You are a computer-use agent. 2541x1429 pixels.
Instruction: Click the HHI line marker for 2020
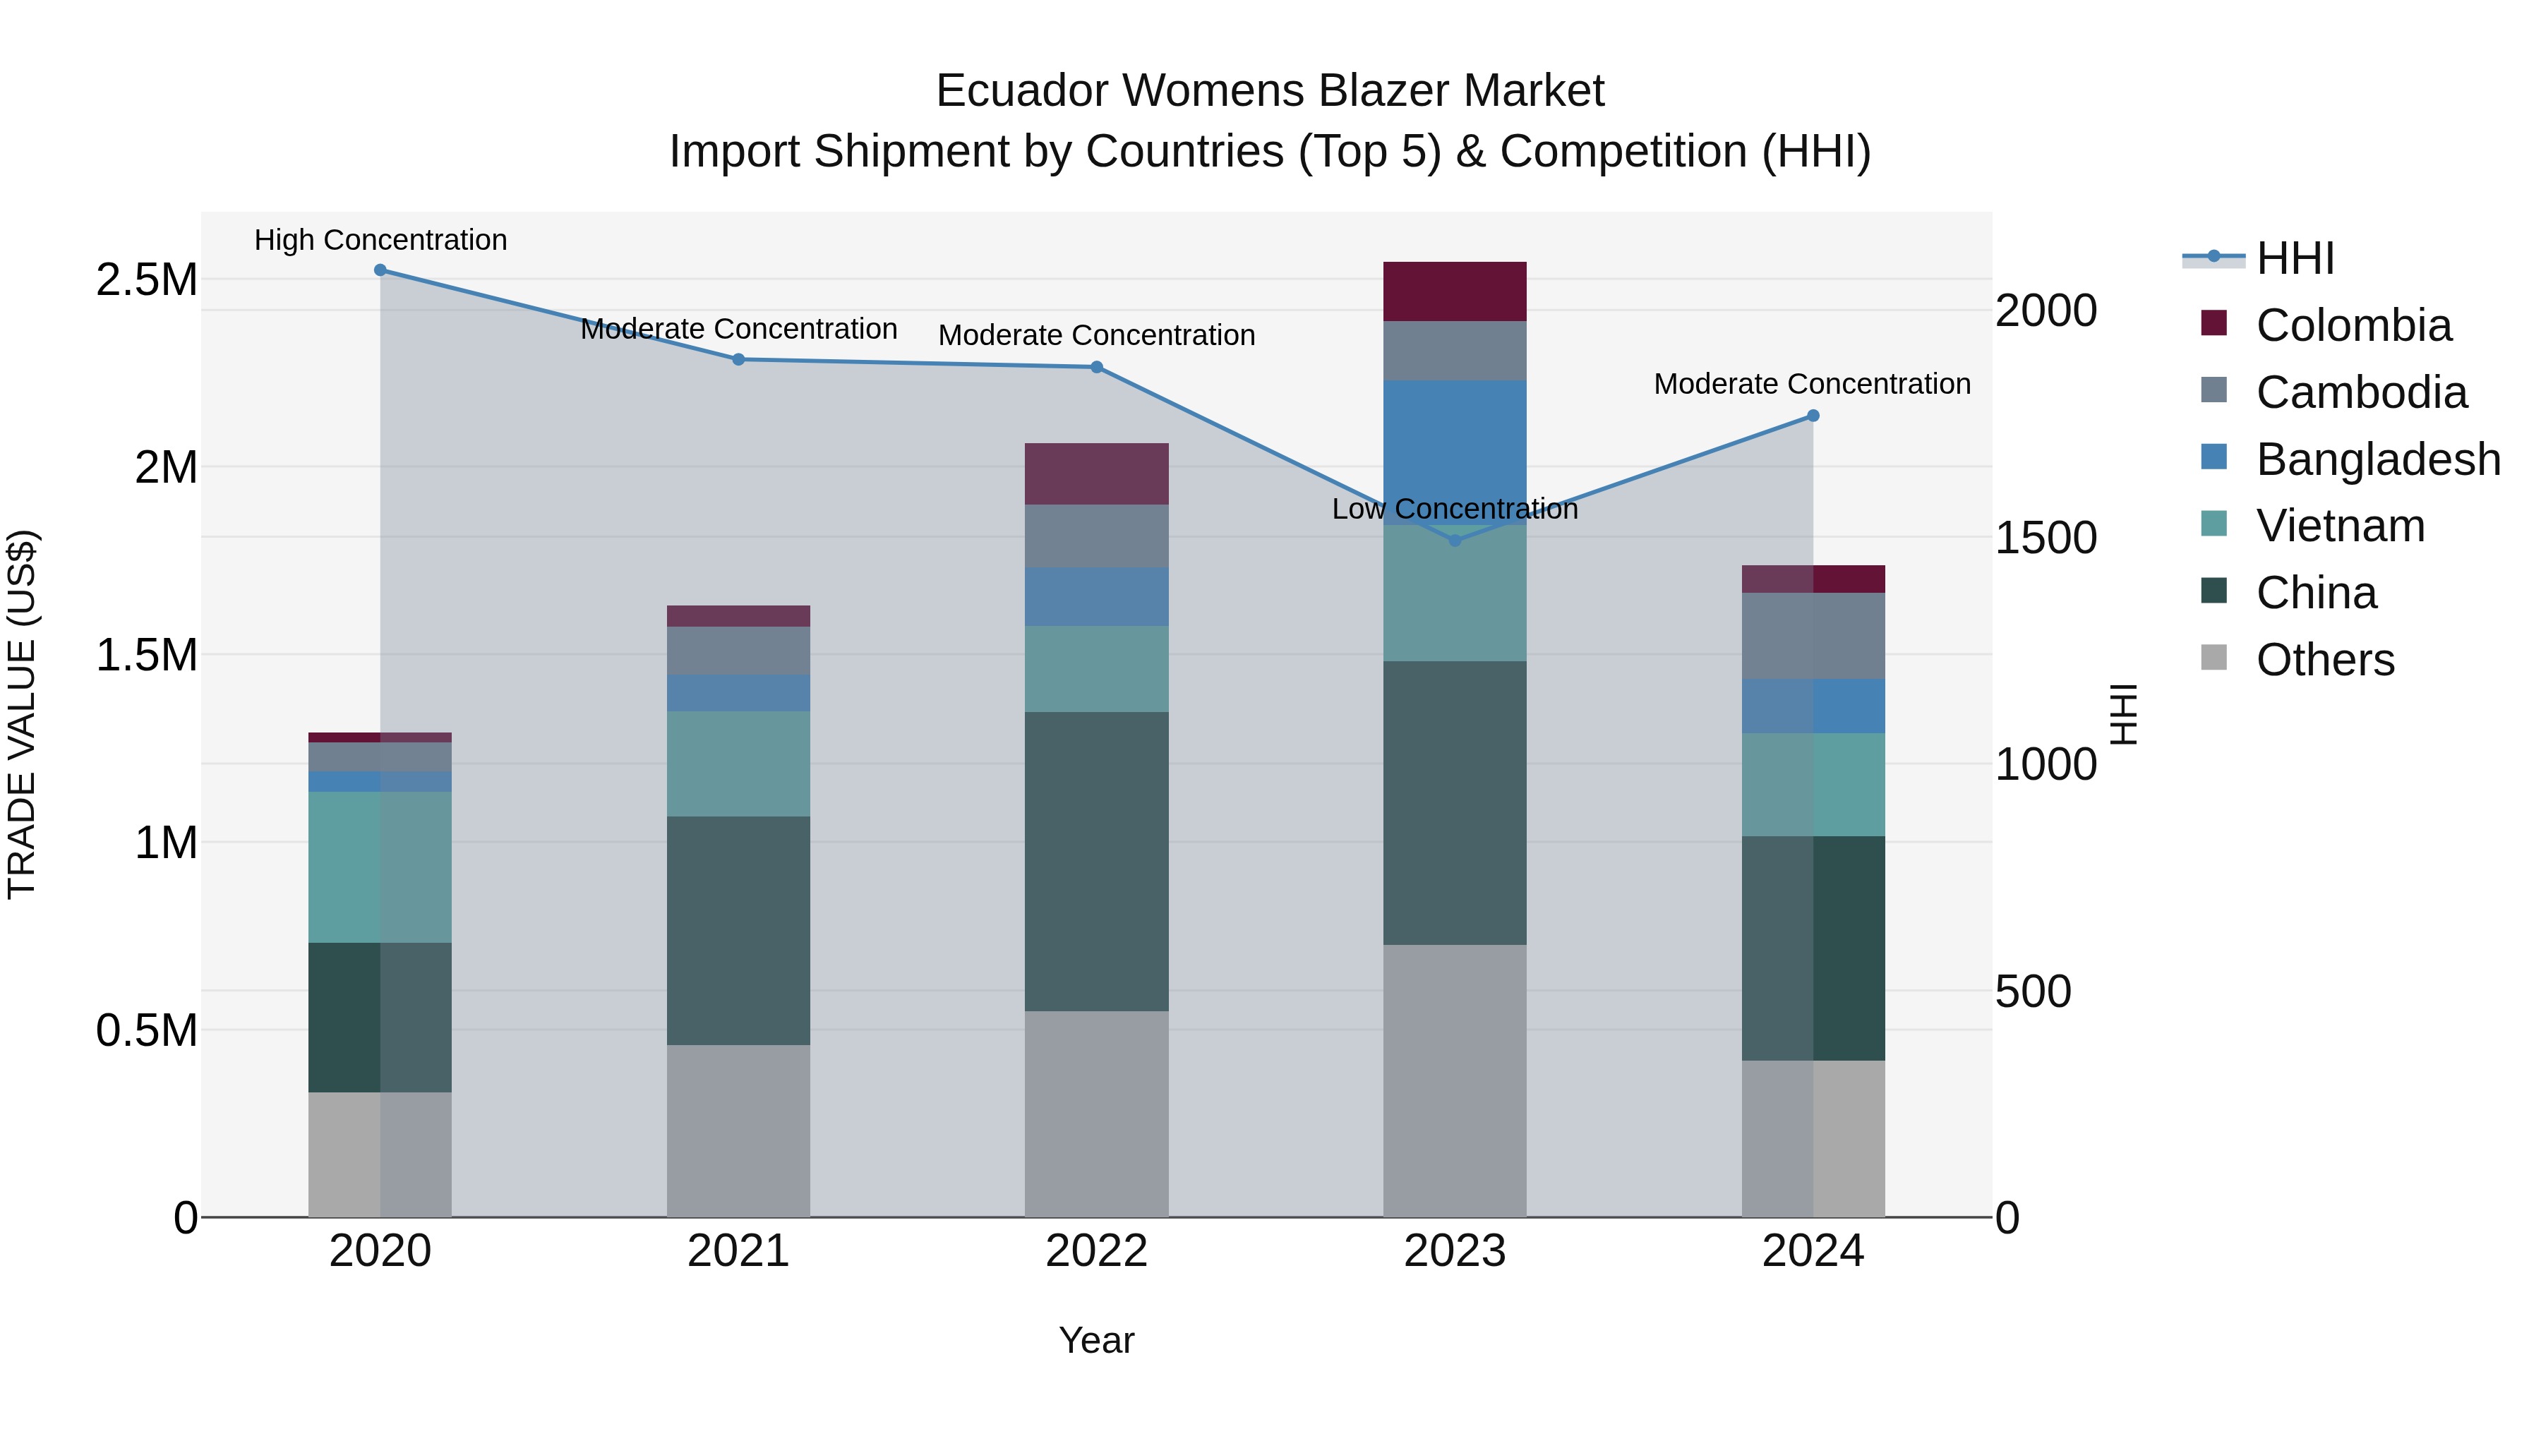pyautogui.click(x=380, y=270)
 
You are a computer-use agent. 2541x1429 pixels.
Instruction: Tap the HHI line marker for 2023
pyautogui.click(x=1454, y=541)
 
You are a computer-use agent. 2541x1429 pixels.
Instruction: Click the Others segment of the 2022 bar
pyautogui.click(x=1096, y=1114)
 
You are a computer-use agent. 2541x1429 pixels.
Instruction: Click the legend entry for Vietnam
pyautogui.click(x=2340, y=526)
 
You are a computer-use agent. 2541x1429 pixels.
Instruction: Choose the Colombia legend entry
pyautogui.click(x=2353, y=325)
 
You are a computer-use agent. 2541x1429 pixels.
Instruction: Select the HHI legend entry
pyautogui.click(x=2295, y=258)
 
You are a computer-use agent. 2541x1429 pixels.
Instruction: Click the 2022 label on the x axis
pyautogui.click(x=1096, y=1251)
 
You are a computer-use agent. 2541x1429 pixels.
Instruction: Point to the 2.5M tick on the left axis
pyautogui.click(x=146, y=280)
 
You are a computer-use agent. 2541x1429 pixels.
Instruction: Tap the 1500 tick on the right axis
pyautogui.click(x=2045, y=538)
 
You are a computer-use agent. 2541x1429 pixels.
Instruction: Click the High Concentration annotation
pyautogui.click(x=380, y=240)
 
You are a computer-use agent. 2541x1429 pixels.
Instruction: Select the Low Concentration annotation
pyautogui.click(x=1454, y=509)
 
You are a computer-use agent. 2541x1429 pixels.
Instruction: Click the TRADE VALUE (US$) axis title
pyautogui.click(x=22, y=714)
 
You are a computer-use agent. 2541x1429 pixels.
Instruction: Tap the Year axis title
pyautogui.click(x=1096, y=1340)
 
